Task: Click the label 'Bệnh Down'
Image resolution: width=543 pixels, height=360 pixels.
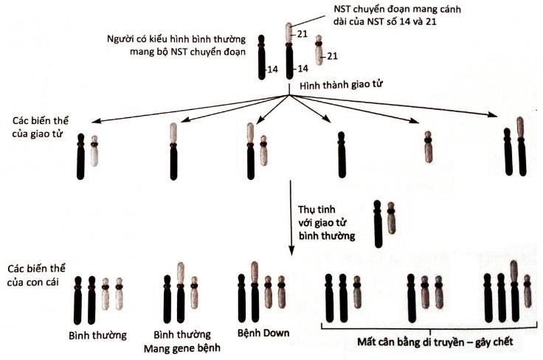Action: [x=263, y=333]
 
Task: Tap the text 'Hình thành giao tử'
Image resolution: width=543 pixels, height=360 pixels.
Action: [x=336, y=86]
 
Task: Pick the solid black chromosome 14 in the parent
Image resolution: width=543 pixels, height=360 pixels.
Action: [x=262, y=56]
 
